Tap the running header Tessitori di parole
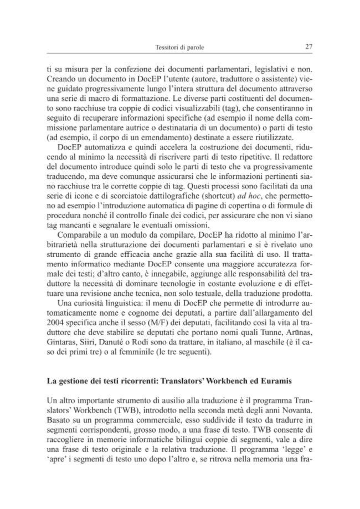pos(180,48)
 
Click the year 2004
pos(56,321)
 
